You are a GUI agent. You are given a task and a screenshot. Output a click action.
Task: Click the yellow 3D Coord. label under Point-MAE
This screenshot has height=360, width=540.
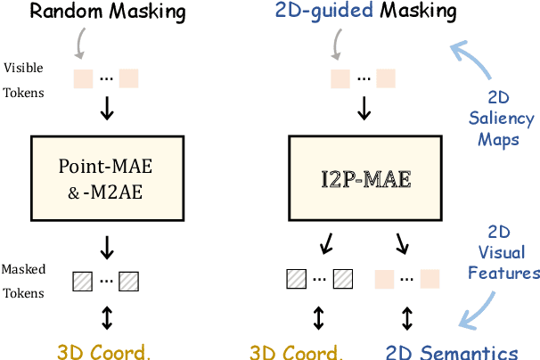point(104,351)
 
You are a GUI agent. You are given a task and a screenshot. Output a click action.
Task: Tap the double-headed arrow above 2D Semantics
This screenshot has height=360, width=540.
point(407,317)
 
